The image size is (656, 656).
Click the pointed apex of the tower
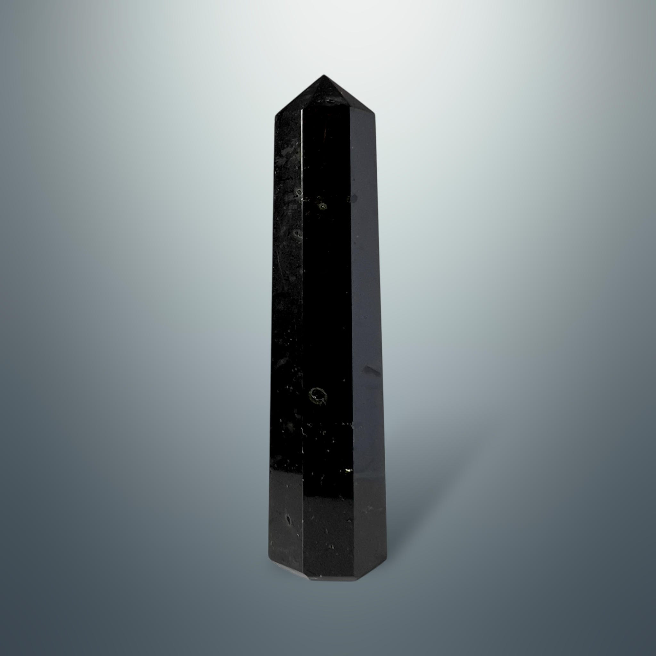[x=323, y=76]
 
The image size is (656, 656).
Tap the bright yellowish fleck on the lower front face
[x=347, y=470]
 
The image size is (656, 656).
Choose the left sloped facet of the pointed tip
[x=299, y=98]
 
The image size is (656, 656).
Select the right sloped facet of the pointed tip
[x=350, y=98]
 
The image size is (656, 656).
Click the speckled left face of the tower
[x=287, y=306]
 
